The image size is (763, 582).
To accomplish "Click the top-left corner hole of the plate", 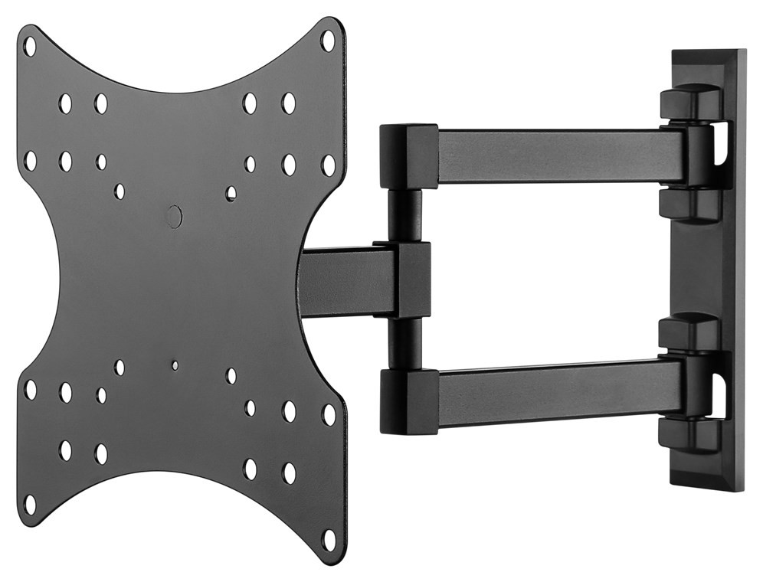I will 30,45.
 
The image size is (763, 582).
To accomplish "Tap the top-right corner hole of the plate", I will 328,40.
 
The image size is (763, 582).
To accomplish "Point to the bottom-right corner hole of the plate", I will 329,539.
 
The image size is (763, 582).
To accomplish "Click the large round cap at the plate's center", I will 174,216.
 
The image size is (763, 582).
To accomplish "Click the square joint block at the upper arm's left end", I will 408,156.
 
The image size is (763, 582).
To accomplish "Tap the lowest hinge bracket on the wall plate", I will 689,436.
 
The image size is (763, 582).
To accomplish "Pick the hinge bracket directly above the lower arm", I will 689,333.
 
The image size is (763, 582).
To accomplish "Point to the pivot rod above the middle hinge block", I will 404,215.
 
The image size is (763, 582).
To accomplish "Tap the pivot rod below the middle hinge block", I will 404,343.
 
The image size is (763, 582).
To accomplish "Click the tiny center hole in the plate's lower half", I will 175,365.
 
